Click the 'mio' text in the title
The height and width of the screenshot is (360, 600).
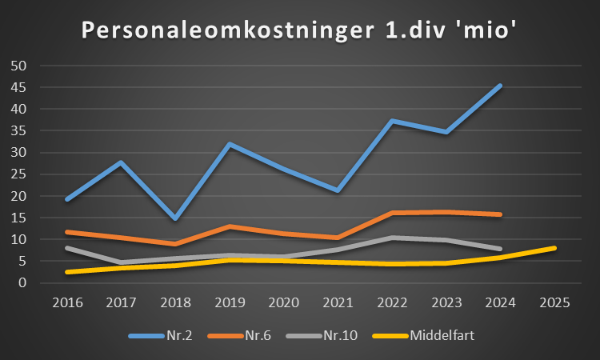[x=486, y=31]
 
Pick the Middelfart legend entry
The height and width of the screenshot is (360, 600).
[x=442, y=335]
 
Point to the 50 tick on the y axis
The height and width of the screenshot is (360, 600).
[x=19, y=66]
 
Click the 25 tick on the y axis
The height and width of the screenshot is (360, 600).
[x=19, y=174]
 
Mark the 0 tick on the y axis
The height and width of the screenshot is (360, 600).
[x=23, y=283]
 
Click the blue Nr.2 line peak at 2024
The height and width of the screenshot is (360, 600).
[x=500, y=86]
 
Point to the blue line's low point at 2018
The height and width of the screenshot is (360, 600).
[x=174, y=218]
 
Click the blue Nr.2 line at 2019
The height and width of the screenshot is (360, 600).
[x=229, y=145]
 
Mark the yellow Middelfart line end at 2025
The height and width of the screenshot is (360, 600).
[x=554, y=248]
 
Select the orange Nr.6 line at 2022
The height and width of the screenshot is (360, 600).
[x=392, y=213]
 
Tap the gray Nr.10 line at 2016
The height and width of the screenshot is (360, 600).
[x=66, y=248]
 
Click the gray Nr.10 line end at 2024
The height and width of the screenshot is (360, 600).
[x=500, y=249]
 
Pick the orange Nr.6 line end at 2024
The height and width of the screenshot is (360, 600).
[x=500, y=214]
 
